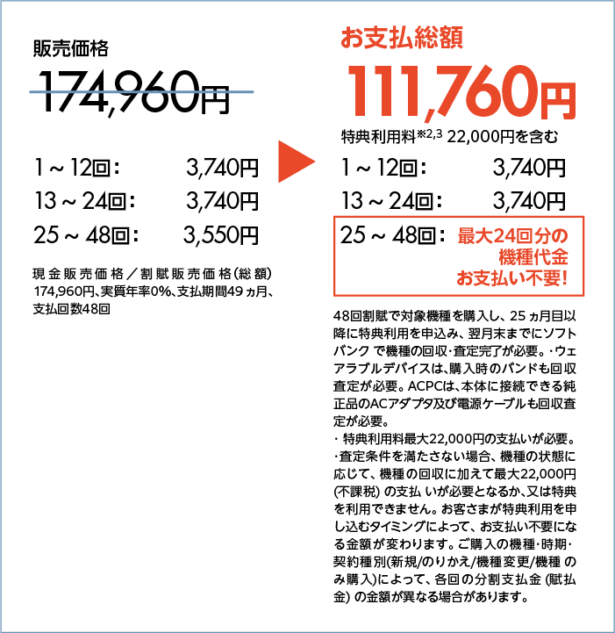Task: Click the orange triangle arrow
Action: click(296, 162)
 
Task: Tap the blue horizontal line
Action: click(141, 91)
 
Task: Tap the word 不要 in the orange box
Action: click(542, 280)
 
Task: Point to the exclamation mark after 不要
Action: click(565, 280)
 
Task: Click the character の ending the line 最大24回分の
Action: click(561, 236)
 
